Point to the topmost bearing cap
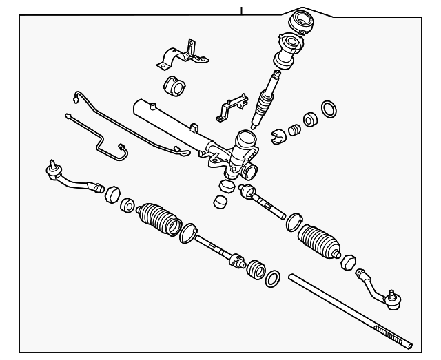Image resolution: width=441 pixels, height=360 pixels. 301,21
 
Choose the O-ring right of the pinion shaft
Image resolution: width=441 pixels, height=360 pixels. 330,108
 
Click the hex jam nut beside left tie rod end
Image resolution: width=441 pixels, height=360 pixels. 113,195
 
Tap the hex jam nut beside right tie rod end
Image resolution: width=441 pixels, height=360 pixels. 348,262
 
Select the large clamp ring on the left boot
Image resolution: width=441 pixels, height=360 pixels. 186,233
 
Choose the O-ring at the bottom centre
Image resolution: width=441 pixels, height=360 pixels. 272,278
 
